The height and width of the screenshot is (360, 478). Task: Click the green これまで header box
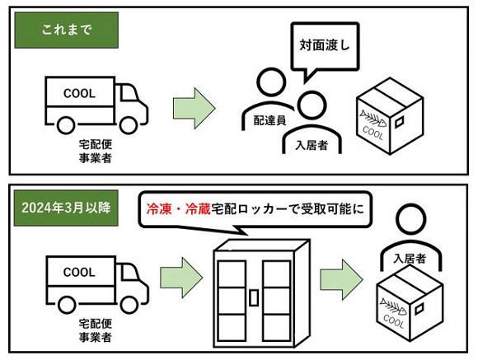coord(66,30)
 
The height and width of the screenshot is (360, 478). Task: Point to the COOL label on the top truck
coord(79,93)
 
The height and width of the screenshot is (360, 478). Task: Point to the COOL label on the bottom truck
coord(79,271)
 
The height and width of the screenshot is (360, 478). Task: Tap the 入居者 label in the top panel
coord(312,146)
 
